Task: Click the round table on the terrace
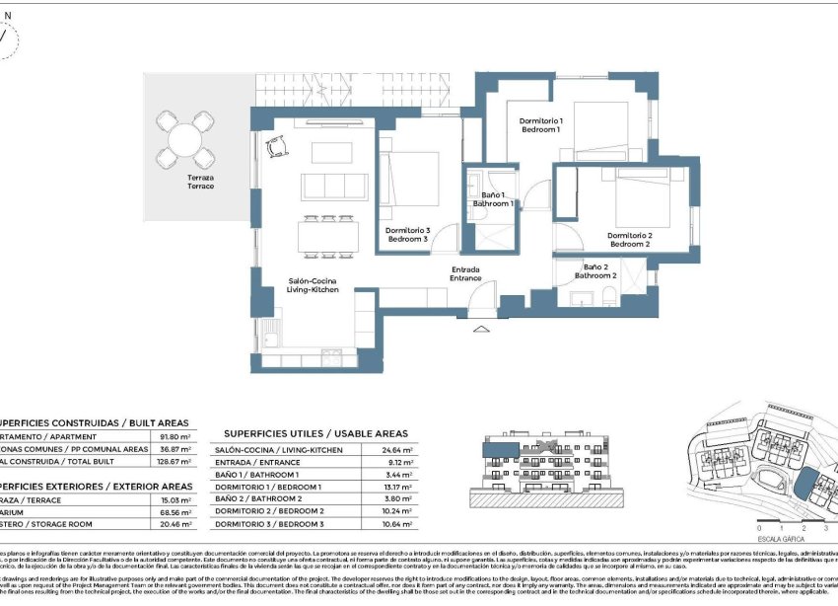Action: click(186, 139)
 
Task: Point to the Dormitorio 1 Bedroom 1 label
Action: click(540, 125)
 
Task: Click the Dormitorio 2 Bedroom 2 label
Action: click(630, 240)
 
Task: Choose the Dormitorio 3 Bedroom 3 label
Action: click(407, 234)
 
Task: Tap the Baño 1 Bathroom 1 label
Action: click(494, 199)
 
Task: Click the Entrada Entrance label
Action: click(466, 273)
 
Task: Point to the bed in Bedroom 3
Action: click(415, 178)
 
